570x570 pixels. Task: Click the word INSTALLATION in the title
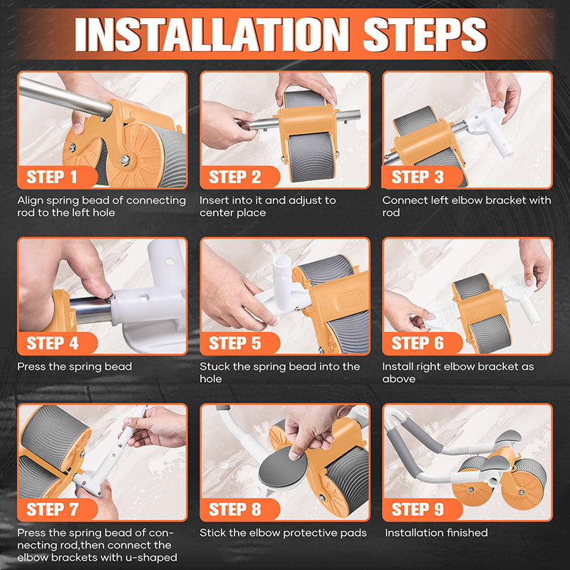click(212, 34)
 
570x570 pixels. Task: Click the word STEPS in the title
click(425, 34)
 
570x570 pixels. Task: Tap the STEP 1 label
click(51, 177)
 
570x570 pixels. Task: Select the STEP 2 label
click(235, 177)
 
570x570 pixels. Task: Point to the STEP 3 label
click(418, 177)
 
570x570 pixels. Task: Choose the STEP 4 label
click(52, 343)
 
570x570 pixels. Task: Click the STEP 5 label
click(235, 343)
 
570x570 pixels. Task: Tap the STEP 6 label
click(418, 343)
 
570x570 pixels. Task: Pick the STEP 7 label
click(52, 509)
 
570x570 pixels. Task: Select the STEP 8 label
click(235, 509)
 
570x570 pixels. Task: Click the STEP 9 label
click(418, 509)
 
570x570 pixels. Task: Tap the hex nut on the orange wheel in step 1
click(125, 160)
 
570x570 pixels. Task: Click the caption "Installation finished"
click(436, 533)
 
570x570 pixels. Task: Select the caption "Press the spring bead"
click(75, 367)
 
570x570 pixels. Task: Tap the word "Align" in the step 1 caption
click(30, 201)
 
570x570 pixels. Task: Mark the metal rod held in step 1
click(65, 96)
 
